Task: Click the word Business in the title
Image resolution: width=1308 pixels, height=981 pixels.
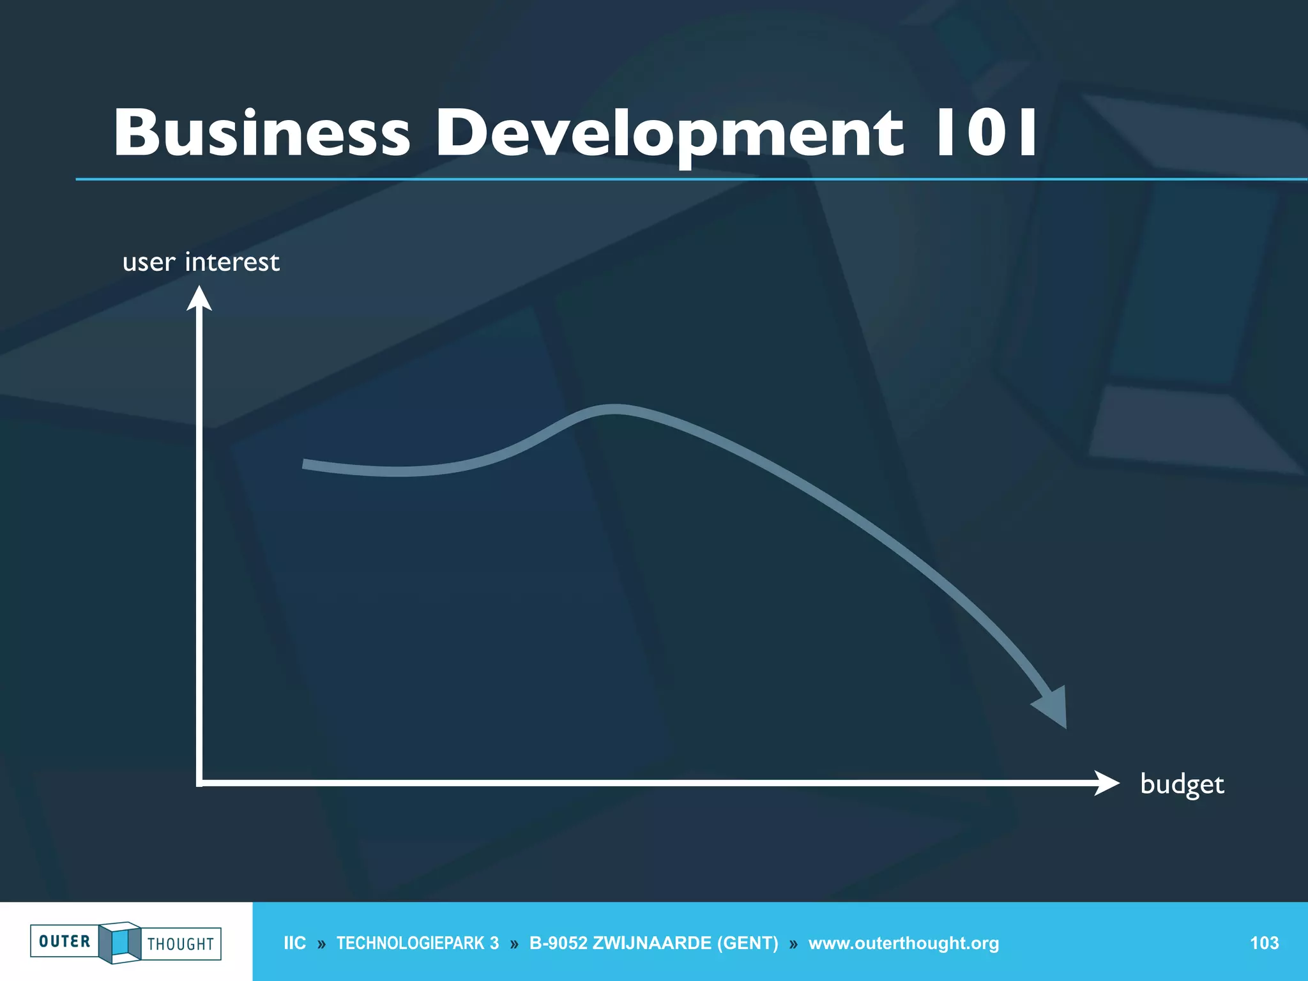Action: [262, 132]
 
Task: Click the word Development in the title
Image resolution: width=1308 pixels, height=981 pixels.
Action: [669, 132]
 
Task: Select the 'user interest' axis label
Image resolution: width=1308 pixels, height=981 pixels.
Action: [201, 262]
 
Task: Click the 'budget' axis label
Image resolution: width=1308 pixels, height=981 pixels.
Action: [1182, 784]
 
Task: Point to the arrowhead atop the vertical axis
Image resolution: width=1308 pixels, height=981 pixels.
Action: [199, 298]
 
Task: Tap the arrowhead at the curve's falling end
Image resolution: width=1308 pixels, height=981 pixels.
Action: [1053, 708]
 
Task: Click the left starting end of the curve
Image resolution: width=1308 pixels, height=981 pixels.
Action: [305, 464]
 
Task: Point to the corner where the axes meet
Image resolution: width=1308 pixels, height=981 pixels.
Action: [200, 782]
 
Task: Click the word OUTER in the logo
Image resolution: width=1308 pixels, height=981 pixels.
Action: [65, 941]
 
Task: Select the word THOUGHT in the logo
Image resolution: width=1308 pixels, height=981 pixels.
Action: [181, 944]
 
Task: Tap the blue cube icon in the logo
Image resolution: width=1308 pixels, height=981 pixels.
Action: [119, 942]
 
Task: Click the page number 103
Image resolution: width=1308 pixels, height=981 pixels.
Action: [1264, 943]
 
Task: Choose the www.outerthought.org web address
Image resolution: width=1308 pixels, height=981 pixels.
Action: [903, 943]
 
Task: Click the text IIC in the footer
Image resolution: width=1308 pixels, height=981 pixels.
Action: [294, 943]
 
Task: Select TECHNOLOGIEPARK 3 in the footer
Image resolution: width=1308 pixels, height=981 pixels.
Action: [418, 943]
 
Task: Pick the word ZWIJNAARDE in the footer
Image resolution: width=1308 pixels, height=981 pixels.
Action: [651, 943]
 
